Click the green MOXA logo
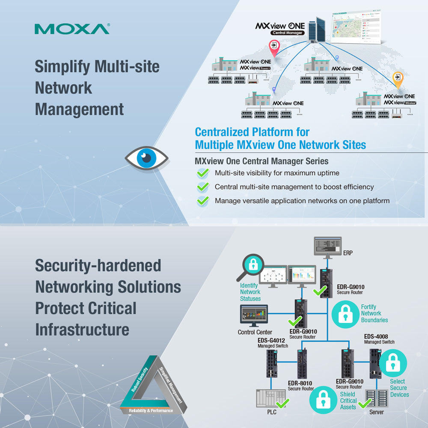(x=72, y=29)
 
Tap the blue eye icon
(x=146, y=158)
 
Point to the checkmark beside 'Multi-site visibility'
(x=203, y=173)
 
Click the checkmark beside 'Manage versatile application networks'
(x=203, y=201)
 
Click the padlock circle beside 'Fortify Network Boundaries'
(x=345, y=314)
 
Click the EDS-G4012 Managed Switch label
(x=271, y=343)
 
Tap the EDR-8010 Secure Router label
(x=300, y=386)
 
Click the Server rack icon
(x=377, y=398)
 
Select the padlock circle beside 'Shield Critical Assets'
(x=323, y=400)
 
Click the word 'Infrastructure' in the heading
(x=82, y=330)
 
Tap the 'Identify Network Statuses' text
(x=250, y=292)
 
